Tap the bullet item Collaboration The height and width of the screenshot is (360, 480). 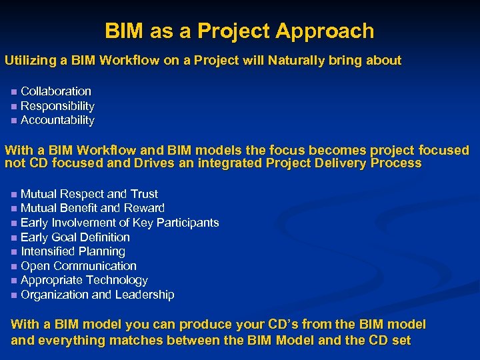click(x=56, y=91)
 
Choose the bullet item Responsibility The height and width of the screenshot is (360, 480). click(x=57, y=106)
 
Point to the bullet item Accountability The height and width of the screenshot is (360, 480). click(x=57, y=121)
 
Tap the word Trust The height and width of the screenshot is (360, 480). click(x=144, y=194)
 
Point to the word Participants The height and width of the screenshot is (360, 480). click(x=187, y=223)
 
